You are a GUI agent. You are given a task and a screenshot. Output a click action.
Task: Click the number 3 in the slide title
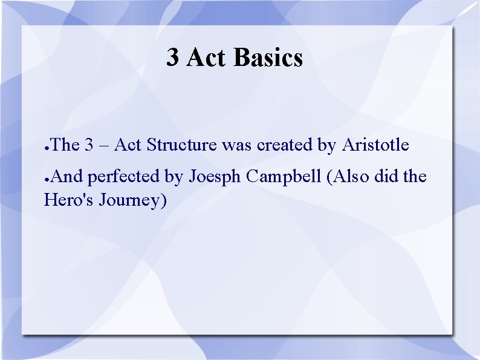coord(173,58)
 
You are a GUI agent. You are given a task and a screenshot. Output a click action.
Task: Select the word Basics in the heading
coord(268,58)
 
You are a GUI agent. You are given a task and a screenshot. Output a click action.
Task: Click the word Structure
coord(182,145)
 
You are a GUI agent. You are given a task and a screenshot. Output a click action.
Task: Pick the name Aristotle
coord(375,145)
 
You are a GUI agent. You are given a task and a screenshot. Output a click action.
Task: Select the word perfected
coord(124,177)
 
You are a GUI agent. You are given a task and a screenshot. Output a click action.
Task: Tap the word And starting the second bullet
coord(68,177)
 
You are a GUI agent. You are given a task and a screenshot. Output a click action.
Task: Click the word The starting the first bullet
coord(65,145)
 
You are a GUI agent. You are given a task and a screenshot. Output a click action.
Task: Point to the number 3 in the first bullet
coord(89,145)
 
